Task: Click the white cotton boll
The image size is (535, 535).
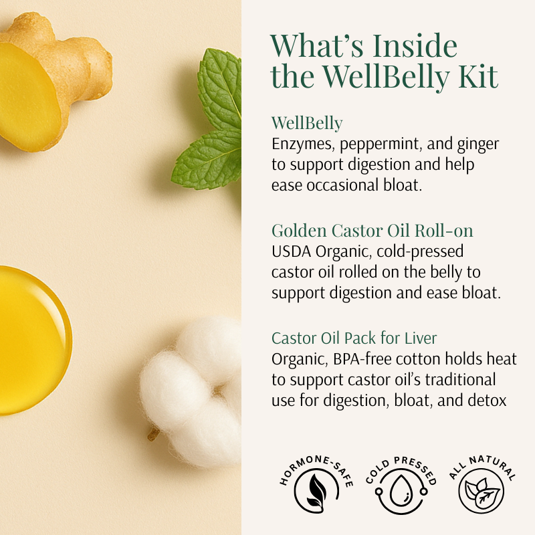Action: click(191, 393)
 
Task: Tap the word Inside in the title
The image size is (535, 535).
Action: click(415, 45)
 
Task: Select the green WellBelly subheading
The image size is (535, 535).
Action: click(307, 123)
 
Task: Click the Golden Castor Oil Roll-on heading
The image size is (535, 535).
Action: click(372, 231)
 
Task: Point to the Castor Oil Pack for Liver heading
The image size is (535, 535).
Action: click(354, 338)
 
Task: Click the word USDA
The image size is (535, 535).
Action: click(291, 252)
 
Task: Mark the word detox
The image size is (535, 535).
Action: click(488, 401)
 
